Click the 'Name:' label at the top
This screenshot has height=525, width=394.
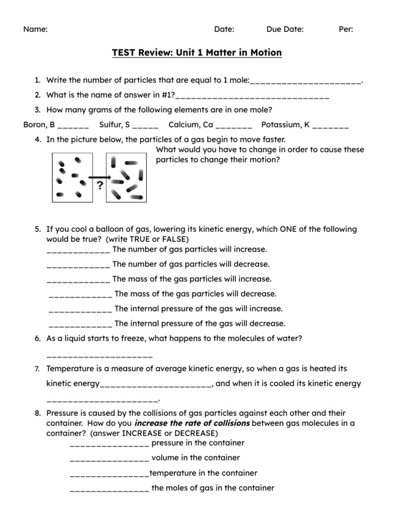[x=35, y=29]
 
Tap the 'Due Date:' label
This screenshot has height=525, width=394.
[x=285, y=29]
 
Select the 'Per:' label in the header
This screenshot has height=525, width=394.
[x=346, y=29]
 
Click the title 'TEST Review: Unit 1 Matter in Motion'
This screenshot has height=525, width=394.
[x=197, y=53]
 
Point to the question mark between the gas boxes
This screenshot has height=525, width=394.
[x=100, y=185]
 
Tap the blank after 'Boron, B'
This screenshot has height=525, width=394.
[x=73, y=125]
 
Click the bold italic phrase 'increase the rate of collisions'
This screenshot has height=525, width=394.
[x=192, y=423]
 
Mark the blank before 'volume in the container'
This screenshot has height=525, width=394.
[x=109, y=458]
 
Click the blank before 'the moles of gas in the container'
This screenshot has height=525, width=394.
[x=109, y=489]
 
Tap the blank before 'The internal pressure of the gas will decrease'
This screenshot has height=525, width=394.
[x=81, y=324]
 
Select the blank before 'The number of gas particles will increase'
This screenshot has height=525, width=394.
[x=78, y=250]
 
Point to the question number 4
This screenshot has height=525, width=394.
[x=38, y=139]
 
